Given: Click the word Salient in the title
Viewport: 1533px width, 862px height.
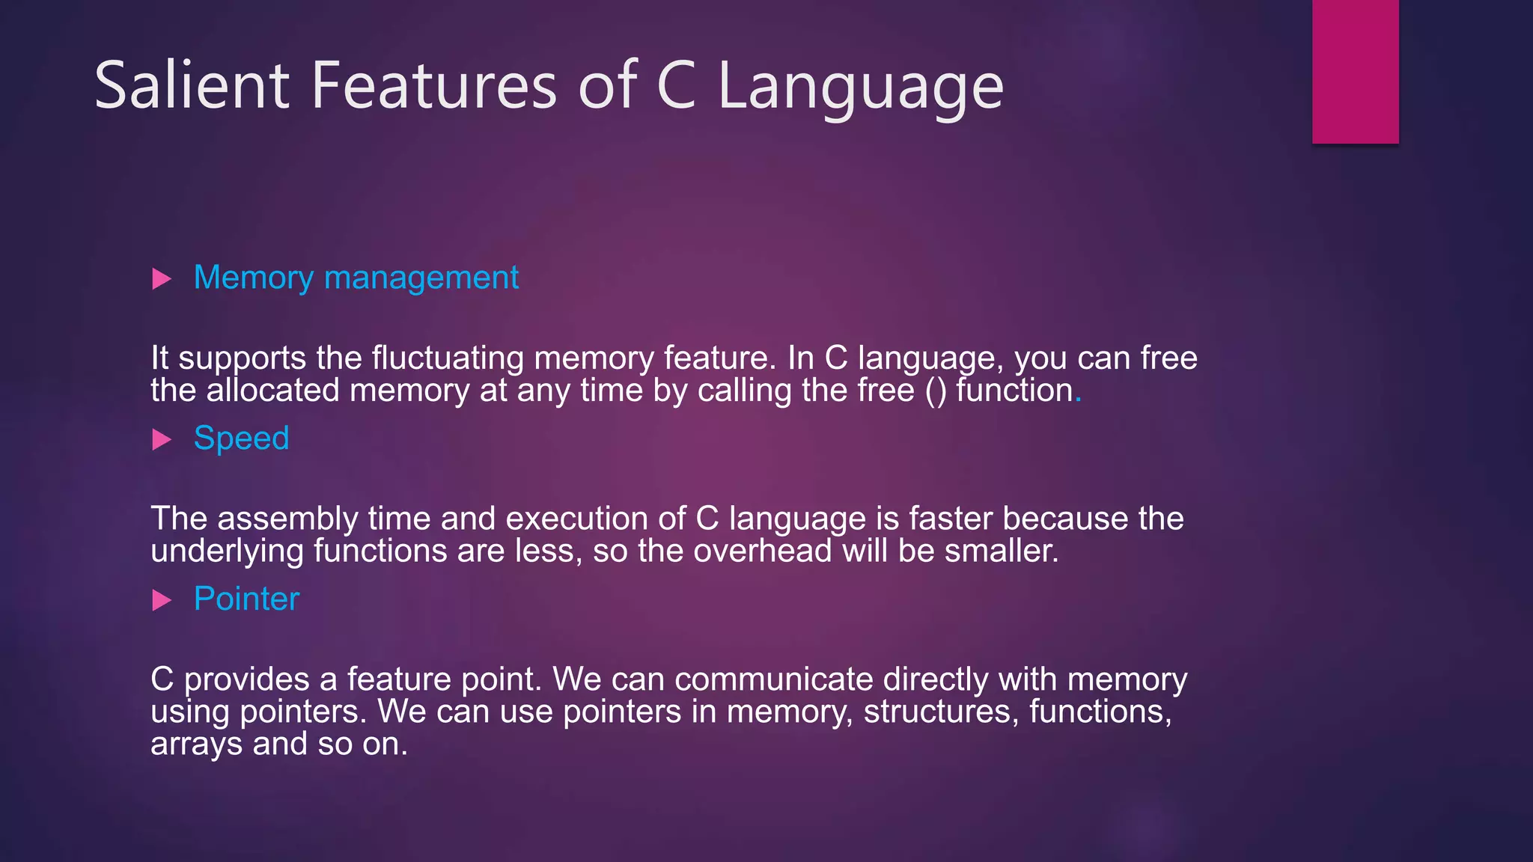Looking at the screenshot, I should tap(192, 85).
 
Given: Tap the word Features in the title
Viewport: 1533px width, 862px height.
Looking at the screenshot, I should tap(434, 85).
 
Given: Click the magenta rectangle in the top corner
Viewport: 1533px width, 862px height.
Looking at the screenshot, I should tap(1355, 71).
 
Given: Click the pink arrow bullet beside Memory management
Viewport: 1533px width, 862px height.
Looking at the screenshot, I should tap(162, 279).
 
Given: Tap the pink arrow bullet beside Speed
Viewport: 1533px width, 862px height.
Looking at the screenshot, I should tap(162, 439).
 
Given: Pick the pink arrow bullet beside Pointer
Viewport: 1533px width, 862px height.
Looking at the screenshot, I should tap(162, 600).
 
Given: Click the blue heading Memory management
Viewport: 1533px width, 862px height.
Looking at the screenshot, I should tap(356, 278).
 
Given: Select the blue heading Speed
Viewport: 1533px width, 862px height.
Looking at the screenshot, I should tap(241, 438).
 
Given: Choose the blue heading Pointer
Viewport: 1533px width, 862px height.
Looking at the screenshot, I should tap(246, 599).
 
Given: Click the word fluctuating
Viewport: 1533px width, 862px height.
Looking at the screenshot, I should tap(448, 358).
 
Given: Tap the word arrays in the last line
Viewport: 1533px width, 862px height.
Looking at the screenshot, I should tap(196, 745).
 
